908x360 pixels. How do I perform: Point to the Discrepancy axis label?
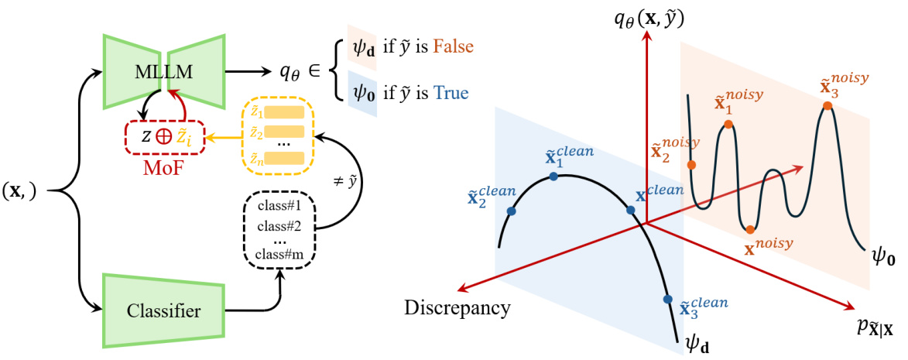457,307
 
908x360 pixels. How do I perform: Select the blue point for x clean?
630,210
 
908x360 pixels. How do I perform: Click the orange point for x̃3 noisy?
827,105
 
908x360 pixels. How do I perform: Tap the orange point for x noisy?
749,229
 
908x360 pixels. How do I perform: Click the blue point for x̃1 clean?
553,177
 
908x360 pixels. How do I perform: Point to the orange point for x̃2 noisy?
690,164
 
